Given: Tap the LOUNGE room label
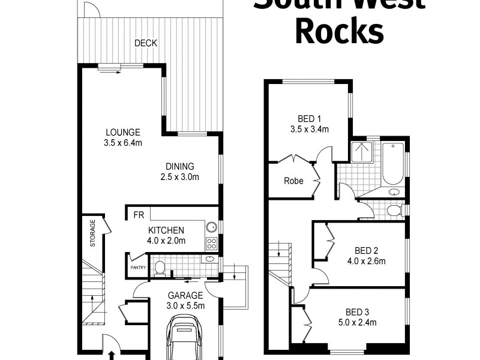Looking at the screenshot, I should [123, 133].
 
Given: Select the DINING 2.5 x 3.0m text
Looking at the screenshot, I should [179, 176].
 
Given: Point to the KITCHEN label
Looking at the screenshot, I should [166, 230].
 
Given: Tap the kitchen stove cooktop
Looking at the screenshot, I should [211, 243].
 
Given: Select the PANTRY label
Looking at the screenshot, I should [138, 268].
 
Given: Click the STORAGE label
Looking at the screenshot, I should [93, 234].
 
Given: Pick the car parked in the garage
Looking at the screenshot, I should [185, 339].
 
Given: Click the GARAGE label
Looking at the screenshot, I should [185, 295].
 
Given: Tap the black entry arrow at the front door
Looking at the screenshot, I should [112, 355].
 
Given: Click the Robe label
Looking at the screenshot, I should [293, 181].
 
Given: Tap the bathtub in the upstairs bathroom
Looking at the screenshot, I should [393, 163].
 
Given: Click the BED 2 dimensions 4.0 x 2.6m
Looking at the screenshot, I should [366, 261].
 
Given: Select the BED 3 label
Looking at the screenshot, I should [357, 312].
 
